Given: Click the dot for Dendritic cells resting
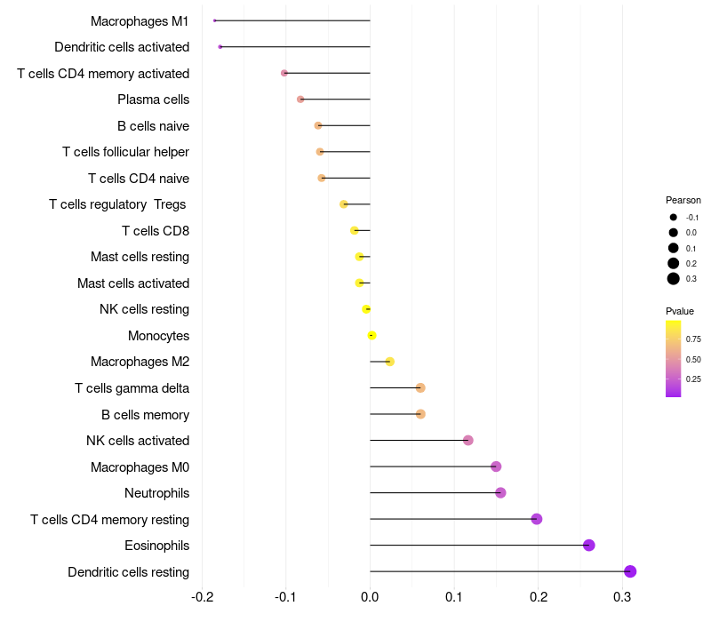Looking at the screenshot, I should click(630, 571).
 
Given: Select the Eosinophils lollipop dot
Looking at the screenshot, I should click(588, 545).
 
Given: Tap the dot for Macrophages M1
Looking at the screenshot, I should click(215, 20).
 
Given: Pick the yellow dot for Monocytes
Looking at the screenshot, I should click(371, 335).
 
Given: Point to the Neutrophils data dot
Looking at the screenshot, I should click(500, 492).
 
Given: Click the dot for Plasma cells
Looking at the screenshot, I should click(300, 99).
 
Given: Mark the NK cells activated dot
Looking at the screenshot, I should click(468, 440).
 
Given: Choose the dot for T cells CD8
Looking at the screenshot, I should click(355, 230).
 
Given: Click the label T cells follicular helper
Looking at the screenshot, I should click(125, 152).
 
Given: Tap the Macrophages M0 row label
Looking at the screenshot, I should click(140, 466).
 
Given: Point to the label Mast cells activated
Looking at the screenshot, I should click(133, 283).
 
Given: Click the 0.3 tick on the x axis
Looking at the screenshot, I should click(623, 596).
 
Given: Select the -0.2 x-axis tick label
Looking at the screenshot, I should click(202, 596).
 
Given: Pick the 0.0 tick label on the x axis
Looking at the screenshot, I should click(370, 596).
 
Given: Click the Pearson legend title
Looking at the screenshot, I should click(683, 200).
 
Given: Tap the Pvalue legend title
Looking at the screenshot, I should click(680, 311).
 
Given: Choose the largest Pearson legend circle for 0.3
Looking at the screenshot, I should click(674, 279).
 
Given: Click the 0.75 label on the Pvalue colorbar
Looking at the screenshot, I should click(693, 339).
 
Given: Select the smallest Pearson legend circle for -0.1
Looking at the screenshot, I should click(674, 217).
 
